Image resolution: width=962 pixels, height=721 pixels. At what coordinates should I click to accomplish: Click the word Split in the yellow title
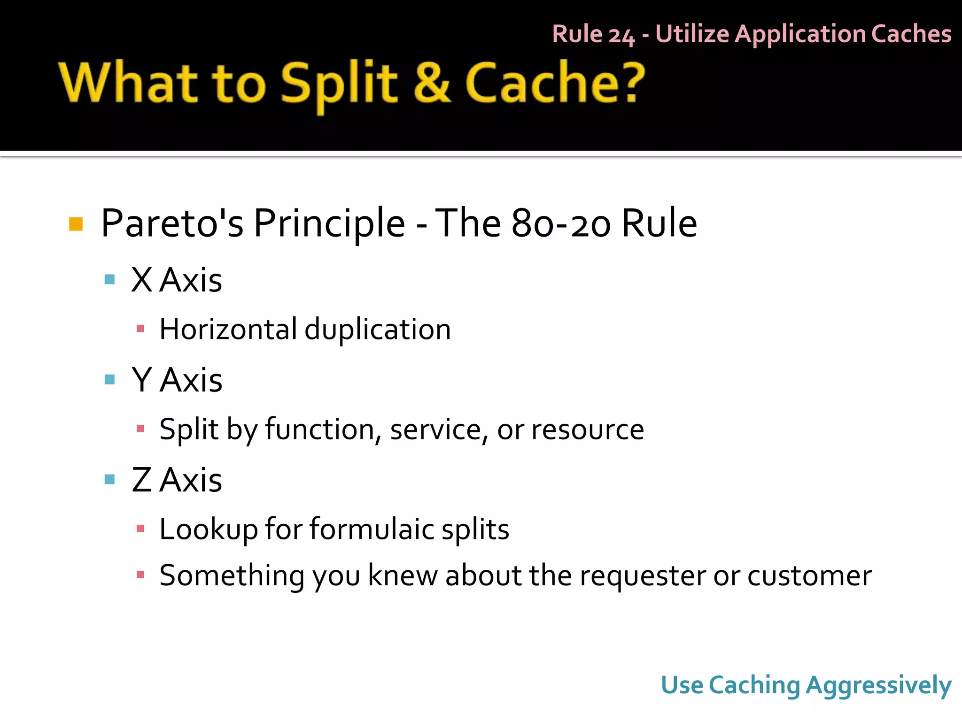(339, 84)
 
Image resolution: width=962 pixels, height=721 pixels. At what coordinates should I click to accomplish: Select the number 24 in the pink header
(621, 35)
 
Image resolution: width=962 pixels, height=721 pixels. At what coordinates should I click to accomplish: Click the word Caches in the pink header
(911, 34)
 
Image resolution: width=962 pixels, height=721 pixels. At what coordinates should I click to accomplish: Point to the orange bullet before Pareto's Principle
(76, 224)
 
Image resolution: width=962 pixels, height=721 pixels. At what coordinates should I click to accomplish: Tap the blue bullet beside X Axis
(109, 280)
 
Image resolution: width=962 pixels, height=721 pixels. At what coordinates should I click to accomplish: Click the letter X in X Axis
(141, 280)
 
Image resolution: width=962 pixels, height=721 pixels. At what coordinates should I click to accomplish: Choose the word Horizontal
(228, 329)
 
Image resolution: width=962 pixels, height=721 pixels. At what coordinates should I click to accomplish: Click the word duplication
(378, 329)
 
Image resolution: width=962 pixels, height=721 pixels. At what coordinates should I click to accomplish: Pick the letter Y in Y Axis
(141, 380)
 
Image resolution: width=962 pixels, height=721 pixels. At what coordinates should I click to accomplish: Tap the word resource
(588, 430)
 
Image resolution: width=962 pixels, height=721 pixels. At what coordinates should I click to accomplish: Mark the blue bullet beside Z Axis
(109, 479)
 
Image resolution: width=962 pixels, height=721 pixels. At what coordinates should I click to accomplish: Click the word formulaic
(372, 529)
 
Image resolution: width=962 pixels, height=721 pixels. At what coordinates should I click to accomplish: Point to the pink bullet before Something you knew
(140, 575)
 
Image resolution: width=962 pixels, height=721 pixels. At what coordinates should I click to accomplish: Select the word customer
(809, 575)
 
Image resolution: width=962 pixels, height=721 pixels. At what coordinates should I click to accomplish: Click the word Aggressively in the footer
(878, 685)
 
